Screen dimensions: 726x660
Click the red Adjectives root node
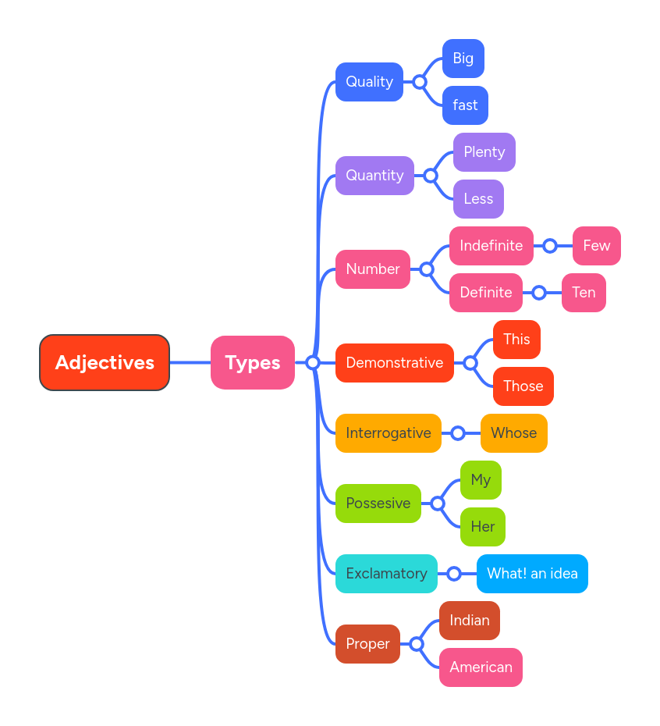[105, 362]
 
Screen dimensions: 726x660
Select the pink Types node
[252, 362]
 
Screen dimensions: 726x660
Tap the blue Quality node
[369, 82]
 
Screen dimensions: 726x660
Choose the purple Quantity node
[374, 176]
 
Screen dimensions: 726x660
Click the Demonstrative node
[394, 363]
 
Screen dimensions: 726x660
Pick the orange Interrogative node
[388, 433]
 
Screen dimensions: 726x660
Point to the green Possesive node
[378, 504]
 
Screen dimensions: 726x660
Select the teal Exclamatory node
[386, 574]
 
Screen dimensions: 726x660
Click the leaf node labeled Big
[463, 59]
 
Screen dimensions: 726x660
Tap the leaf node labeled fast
[465, 105]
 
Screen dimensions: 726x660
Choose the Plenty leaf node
[484, 152]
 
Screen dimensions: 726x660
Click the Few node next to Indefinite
[596, 246]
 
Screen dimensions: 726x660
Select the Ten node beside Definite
[584, 293]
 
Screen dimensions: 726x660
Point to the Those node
[523, 386]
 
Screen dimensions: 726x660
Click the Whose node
[513, 433]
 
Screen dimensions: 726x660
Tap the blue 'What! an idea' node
[532, 574]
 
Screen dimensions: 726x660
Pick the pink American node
[481, 667]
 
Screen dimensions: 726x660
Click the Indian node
[469, 621]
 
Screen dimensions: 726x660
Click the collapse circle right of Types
[313, 362]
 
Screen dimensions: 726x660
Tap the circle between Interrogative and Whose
[458, 433]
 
